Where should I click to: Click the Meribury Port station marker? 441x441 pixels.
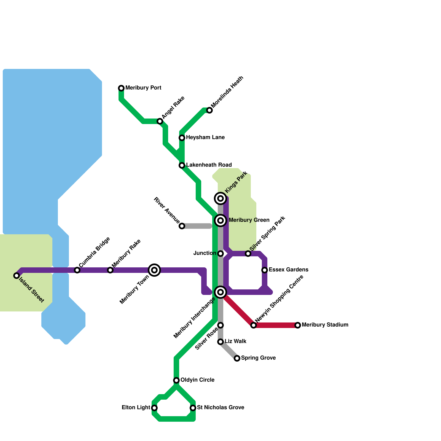click(x=121, y=88)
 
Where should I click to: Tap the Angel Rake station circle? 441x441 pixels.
click(x=160, y=121)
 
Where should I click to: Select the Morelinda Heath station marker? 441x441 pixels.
click(x=209, y=110)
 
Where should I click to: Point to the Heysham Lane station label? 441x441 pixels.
click(x=205, y=137)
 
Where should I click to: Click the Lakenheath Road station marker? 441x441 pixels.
click(x=182, y=165)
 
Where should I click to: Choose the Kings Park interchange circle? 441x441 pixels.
click(x=220, y=198)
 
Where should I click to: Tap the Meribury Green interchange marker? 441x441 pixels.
click(x=220, y=220)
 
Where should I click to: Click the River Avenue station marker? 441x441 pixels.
click(x=182, y=226)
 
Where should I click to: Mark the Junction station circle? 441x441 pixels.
click(x=220, y=254)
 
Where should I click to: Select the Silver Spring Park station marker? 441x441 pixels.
click(x=248, y=254)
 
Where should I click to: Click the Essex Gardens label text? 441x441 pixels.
click(x=288, y=270)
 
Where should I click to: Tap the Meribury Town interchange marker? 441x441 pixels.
click(x=154, y=270)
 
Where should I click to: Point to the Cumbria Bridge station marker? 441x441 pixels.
click(x=77, y=270)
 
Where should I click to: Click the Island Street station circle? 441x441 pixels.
click(x=17, y=276)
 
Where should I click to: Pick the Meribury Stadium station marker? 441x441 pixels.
click(x=298, y=325)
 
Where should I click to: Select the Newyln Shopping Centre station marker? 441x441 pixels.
click(x=254, y=325)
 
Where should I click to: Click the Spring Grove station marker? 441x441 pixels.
click(x=237, y=358)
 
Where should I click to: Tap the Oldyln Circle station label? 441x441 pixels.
click(x=197, y=380)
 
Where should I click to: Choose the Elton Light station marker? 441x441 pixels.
click(x=154, y=408)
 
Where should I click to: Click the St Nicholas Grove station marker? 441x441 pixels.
click(x=193, y=408)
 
